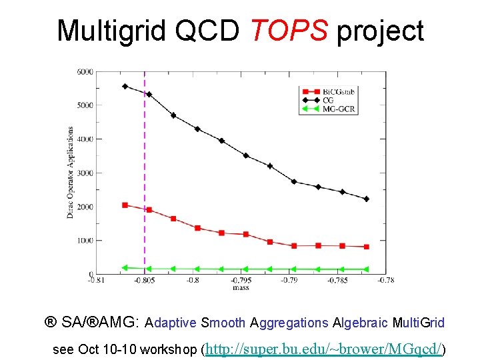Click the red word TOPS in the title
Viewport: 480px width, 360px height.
click(x=289, y=31)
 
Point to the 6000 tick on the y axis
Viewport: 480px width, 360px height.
click(x=85, y=71)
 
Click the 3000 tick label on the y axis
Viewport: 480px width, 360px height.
click(x=85, y=173)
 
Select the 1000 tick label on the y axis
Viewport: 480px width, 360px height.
click(x=85, y=241)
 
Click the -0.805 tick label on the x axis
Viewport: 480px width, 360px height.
click(x=145, y=281)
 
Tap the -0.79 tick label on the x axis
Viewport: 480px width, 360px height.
click(x=289, y=281)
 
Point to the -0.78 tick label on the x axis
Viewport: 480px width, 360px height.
click(x=385, y=281)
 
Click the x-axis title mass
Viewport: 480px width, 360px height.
click(x=241, y=289)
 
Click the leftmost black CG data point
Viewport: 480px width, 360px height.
click(x=125, y=86)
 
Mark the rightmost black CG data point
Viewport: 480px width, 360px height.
click(x=366, y=199)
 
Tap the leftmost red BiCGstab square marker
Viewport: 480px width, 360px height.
click(x=125, y=205)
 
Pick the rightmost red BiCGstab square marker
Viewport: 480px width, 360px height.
click(x=366, y=247)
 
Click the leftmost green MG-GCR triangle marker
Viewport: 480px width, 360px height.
click(x=125, y=267)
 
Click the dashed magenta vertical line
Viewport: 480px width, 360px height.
click(x=145, y=167)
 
